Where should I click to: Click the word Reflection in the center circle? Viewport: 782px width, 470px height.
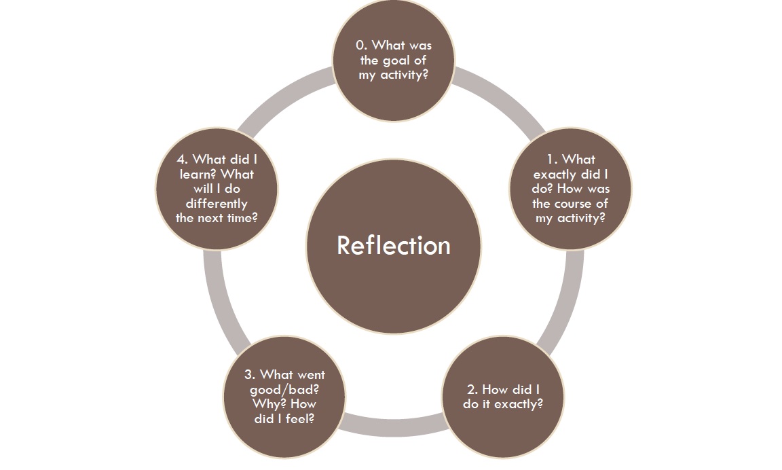[x=393, y=245]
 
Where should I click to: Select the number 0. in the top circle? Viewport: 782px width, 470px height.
[x=362, y=46]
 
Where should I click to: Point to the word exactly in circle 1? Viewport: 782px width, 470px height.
[x=556, y=175]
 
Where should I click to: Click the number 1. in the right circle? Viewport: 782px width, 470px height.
[x=552, y=160]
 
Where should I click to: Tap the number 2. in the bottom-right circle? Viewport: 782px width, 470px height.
[x=472, y=390]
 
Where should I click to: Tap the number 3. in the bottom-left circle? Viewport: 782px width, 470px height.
[x=250, y=375]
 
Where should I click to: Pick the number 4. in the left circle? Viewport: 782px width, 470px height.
[x=182, y=160]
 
